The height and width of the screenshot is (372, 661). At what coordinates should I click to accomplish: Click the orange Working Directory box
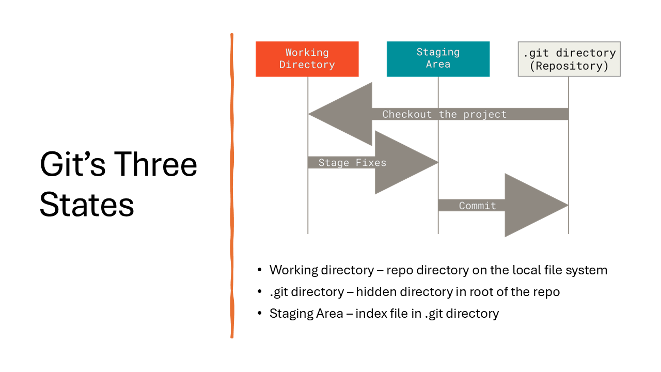(307, 59)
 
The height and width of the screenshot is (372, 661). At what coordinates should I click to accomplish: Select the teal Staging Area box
(438, 59)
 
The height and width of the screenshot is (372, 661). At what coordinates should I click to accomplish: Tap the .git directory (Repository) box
(569, 59)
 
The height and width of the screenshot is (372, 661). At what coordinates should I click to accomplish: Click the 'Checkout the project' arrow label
(444, 114)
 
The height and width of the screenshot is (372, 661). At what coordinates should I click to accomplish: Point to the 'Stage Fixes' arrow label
(352, 163)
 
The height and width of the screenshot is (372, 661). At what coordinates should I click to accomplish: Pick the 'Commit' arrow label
(477, 206)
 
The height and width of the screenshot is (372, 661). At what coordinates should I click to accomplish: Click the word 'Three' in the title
(155, 165)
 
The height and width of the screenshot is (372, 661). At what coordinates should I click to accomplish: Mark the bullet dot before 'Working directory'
(260, 270)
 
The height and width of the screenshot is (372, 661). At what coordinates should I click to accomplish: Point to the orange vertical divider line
(232, 186)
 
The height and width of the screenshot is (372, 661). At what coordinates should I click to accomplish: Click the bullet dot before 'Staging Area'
(260, 314)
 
